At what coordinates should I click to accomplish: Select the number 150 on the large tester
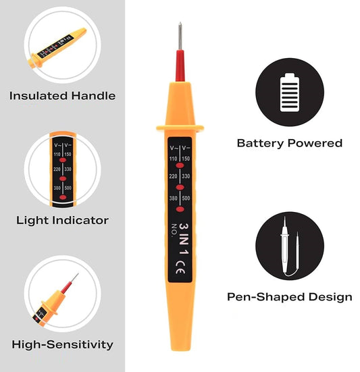coord(188,158)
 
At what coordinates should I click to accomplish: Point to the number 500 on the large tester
coord(188,198)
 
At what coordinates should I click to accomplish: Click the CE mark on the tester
coord(180,264)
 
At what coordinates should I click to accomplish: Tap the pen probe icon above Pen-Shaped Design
coord(290,244)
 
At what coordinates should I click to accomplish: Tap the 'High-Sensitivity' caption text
coord(61,345)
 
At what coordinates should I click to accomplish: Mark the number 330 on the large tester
coord(188,178)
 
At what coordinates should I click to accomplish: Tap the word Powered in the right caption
coord(318,143)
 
